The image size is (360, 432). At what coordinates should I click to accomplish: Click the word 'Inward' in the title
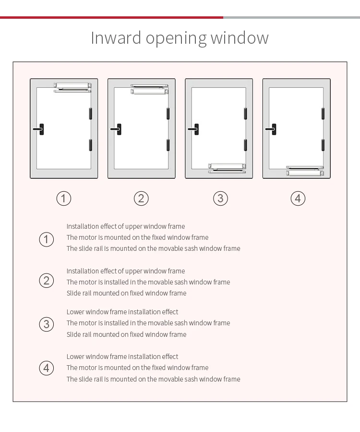[x=116, y=38]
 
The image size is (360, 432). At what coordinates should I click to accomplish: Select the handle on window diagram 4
[x=272, y=129]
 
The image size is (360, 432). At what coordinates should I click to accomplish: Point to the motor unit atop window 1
[x=72, y=87]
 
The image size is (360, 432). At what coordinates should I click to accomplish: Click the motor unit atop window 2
[x=149, y=88]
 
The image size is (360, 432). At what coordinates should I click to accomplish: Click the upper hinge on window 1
[x=90, y=114]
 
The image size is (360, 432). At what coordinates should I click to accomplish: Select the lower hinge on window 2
[x=168, y=145]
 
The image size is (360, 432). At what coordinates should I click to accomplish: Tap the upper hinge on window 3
[x=245, y=114]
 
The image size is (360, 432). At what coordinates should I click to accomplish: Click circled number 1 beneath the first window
[x=64, y=198]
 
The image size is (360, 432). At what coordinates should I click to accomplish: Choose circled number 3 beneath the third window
[x=220, y=198]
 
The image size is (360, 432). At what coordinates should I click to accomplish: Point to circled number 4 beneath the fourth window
[x=298, y=198]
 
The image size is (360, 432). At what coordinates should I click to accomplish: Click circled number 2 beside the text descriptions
[x=47, y=280]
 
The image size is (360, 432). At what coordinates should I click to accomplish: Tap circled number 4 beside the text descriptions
[x=47, y=368]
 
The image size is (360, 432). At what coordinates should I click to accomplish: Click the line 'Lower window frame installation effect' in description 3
[x=122, y=312]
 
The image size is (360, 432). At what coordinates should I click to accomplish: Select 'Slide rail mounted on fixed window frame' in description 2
[x=126, y=293]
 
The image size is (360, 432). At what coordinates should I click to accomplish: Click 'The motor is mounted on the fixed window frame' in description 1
[x=137, y=237]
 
